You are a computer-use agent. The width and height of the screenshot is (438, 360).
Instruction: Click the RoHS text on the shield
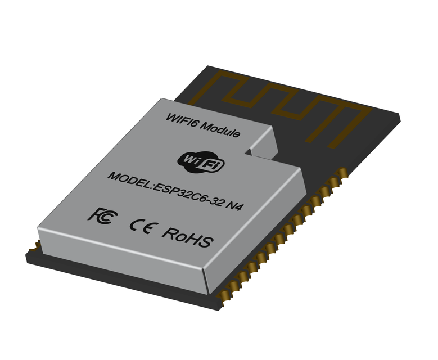coord(187,237)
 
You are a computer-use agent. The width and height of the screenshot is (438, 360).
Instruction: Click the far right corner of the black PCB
coord(400,116)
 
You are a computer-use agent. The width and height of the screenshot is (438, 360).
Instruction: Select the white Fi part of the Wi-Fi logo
coord(214,165)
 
